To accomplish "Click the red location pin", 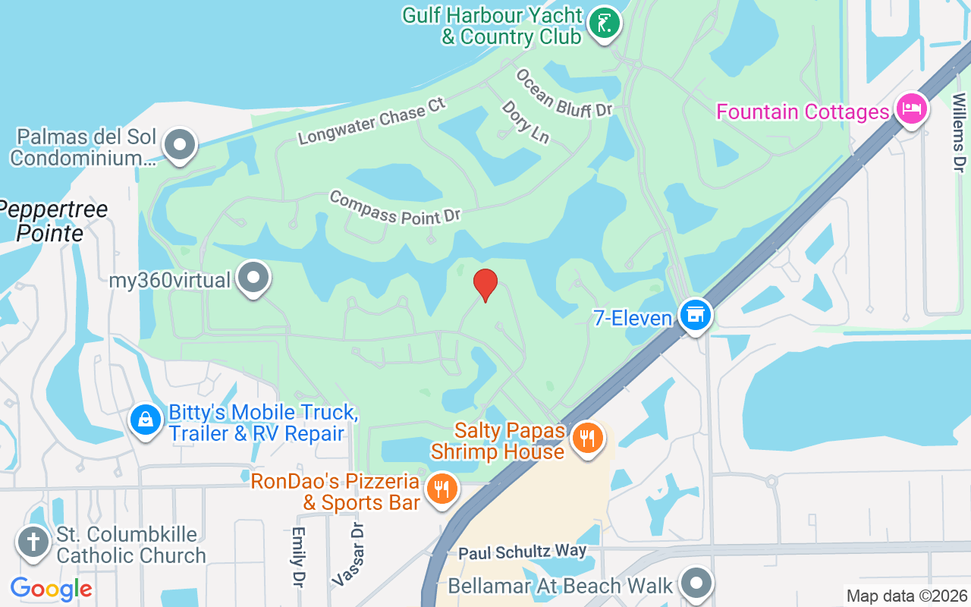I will pyautogui.click(x=485, y=285).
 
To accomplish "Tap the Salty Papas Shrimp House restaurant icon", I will pyautogui.click(x=586, y=439).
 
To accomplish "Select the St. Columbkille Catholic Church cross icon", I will pyautogui.click(x=33, y=543).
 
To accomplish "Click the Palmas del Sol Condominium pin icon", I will pyautogui.click(x=180, y=144).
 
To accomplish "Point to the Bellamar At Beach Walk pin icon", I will pyautogui.click(x=696, y=583).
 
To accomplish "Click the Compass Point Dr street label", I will pyautogui.click(x=395, y=207).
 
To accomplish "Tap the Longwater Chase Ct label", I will pyautogui.click(x=372, y=121).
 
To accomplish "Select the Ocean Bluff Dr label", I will pyautogui.click(x=564, y=93).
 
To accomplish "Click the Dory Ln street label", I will pyautogui.click(x=525, y=121).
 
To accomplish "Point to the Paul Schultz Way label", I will pyautogui.click(x=522, y=552).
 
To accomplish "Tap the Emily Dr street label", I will pyautogui.click(x=298, y=557).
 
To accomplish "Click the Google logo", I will pyautogui.click(x=52, y=588).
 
